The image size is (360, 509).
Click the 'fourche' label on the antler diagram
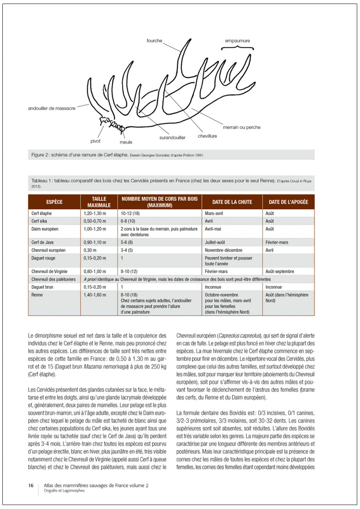click(x=154, y=40)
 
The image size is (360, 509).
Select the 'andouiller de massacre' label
click(x=52, y=108)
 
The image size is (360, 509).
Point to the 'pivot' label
click(x=95, y=141)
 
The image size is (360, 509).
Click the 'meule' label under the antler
click(x=126, y=142)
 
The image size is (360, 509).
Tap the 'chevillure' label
click(x=207, y=136)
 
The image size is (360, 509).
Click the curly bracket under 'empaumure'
click(x=238, y=48)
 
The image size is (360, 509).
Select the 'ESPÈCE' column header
click(x=54, y=202)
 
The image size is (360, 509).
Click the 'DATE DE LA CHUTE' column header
click(x=232, y=202)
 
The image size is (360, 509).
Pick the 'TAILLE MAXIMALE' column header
click(x=99, y=202)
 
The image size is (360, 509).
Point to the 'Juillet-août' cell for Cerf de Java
click(x=216, y=242)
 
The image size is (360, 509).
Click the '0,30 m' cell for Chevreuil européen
click(x=90, y=250)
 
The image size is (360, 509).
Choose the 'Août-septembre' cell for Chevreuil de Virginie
click(x=280, y=272)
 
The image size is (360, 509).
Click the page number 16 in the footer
click(x=31, y=486)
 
